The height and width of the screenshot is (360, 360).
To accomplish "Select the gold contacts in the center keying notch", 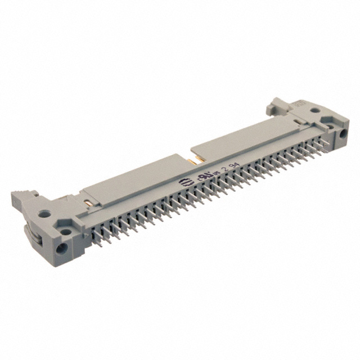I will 190,161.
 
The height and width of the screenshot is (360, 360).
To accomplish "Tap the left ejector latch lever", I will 22,198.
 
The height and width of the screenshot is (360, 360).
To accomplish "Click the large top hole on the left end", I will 43,214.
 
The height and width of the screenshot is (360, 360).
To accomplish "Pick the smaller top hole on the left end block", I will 66,231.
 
